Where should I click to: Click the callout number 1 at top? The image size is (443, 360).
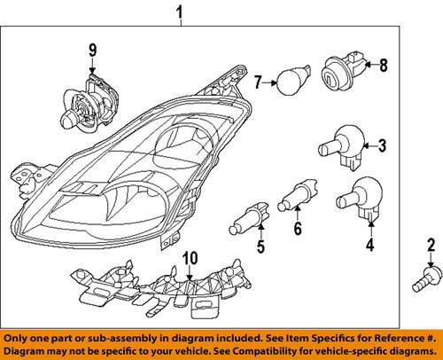tap(181, 13)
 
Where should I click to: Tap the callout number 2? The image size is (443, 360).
tap(431, 245)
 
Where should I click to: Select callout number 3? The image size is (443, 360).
tap(383, 145)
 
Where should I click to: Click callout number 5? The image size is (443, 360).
tap(261, 246)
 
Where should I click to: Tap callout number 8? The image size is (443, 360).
tap(384, 64)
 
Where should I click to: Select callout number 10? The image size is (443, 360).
tap(188, 258)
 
